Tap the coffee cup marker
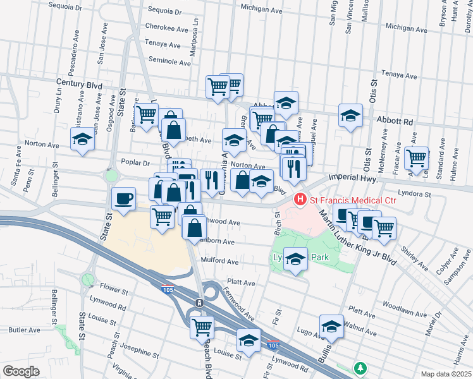(124, 198)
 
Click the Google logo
(20, 371)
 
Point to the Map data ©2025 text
(446, 374)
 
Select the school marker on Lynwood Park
(295, 258)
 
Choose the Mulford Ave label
(219, 261)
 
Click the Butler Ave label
(25, 330)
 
